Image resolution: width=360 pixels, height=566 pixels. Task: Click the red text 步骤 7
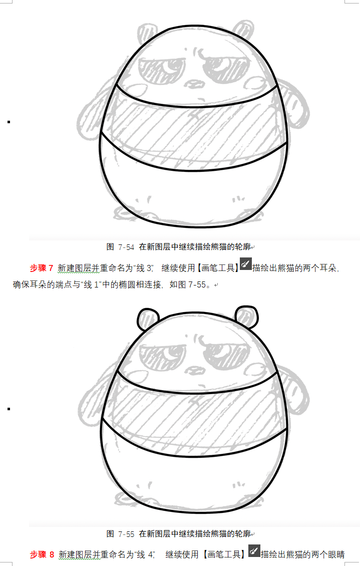[x=42, y=268]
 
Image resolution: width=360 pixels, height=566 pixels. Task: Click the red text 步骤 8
[x=42, y=554]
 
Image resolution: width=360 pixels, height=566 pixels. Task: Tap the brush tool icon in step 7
[x=246, y=264]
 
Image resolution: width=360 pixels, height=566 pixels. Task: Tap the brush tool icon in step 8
[x=254, y=550]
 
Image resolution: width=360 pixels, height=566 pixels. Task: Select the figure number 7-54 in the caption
[x=126, y=247]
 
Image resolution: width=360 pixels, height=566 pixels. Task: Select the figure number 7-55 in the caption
[x=126, y=534]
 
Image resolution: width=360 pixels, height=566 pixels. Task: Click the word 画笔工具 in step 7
[x=218, y=268]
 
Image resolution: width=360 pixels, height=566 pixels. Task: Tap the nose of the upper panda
[x=195, y=84]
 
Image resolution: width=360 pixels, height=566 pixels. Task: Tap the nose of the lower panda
[x=195, y=370]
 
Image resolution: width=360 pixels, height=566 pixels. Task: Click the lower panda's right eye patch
[x=226, y=356]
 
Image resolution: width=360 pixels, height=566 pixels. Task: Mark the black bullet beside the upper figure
[x=9, y=122]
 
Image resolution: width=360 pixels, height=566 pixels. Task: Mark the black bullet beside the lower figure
[x=9, y=409]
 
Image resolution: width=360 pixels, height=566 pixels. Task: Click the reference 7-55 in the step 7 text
[x=197, y=285]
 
